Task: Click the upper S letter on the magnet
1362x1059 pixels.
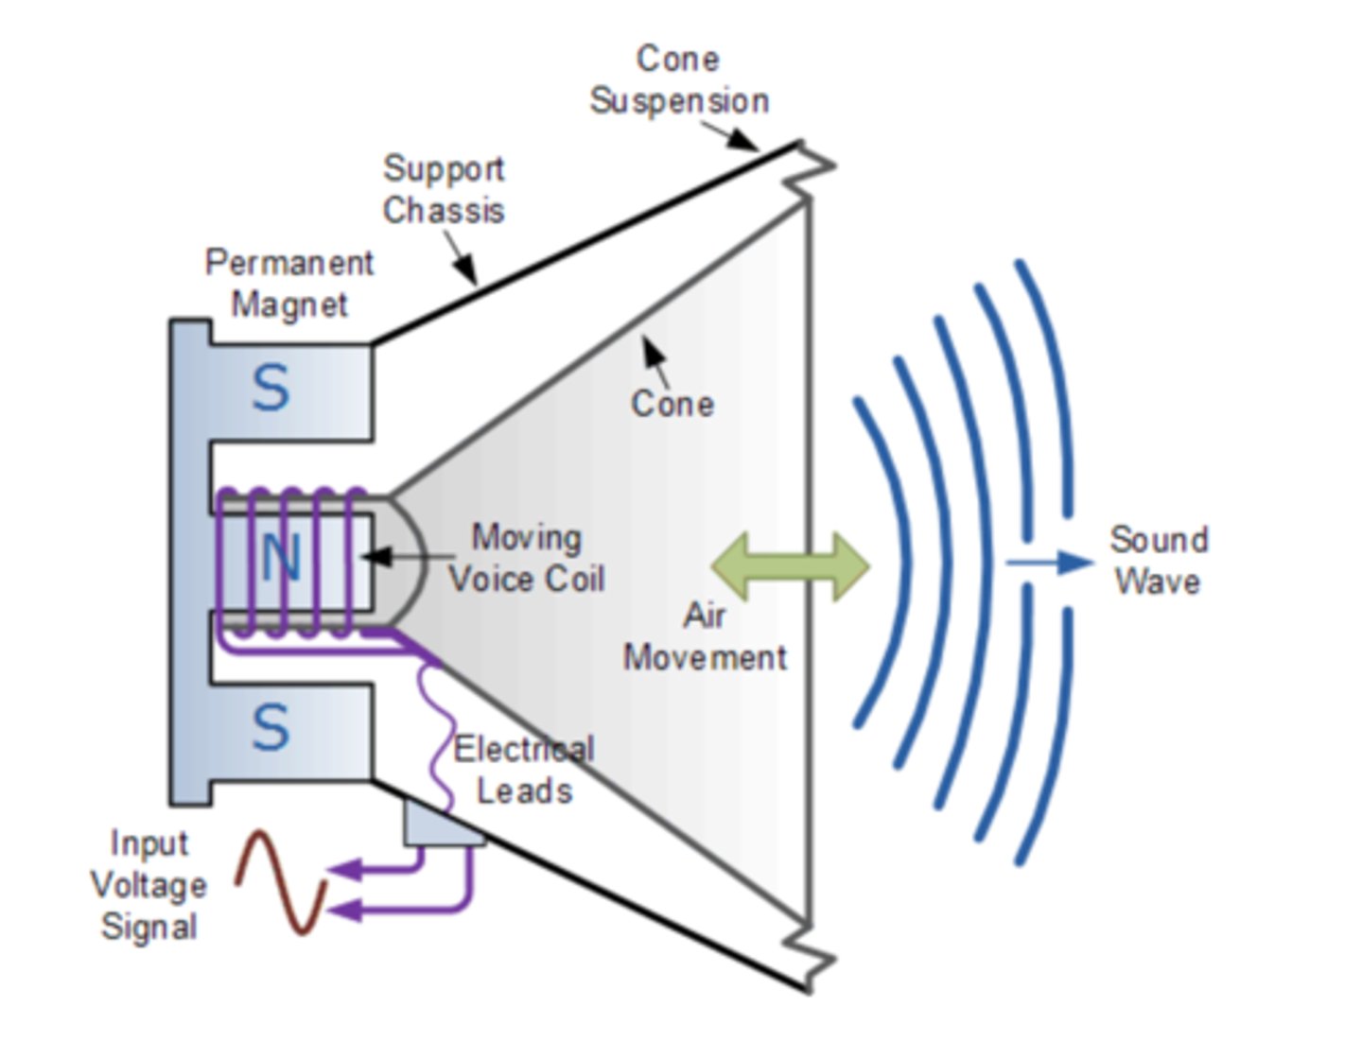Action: (271, 389)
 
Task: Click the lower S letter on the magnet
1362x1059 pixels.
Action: (271, 728)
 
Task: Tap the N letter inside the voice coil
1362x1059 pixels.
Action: (280, 558)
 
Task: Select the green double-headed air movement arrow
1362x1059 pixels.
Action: (790, 565)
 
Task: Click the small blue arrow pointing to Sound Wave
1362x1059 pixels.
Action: (1050, 563)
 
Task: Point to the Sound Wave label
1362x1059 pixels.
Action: (1159, 560)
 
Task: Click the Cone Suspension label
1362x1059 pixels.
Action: (678, 80)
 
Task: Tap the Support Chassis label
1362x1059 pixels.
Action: (443, 189)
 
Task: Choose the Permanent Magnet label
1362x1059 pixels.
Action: (289, 284)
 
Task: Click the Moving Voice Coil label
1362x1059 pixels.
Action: (526, 558)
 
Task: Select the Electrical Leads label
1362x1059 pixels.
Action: (524, 770)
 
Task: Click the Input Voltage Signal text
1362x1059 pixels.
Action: (148, 885)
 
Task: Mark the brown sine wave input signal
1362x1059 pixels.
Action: (281, 881)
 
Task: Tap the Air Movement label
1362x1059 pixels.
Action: (705, 636)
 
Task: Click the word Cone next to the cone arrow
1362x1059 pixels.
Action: (672, 404)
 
